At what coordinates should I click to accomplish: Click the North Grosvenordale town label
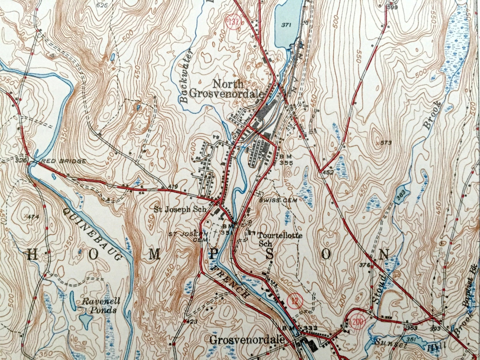pyautogui.click(x=227, y=88)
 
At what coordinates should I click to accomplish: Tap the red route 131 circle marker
pyautogui.click(x=234, y=22)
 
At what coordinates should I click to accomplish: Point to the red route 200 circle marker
pyautogui.click(x=357, y=321)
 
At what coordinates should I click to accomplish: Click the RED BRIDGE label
pyautogui.click(x=63, y=161)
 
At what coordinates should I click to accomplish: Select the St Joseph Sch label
pyautogui.click(x=180, y=210)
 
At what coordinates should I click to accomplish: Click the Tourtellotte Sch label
pyautogui.click(x=280, y=239)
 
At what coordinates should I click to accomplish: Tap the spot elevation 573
pyautogui.click(x=385, y=143)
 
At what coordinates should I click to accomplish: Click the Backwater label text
pyautogui.click(x=185, y=76)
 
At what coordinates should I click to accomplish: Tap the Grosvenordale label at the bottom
pyautogui.click(x=247, y=340)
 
